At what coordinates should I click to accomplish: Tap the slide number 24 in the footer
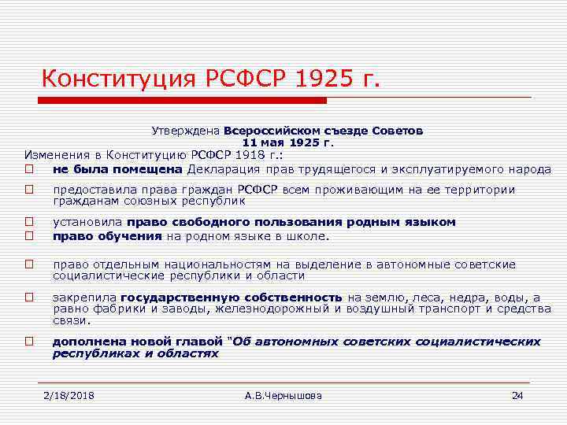517,394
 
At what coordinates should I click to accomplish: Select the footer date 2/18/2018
69,394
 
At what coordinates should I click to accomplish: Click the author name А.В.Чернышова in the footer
283,394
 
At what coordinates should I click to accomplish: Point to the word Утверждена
185,131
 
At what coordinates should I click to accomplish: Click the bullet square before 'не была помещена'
28,168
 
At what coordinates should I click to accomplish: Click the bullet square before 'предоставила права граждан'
28,190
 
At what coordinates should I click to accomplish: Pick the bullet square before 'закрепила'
28,297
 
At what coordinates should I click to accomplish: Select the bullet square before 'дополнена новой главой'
28,342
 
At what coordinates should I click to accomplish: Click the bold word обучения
136,235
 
